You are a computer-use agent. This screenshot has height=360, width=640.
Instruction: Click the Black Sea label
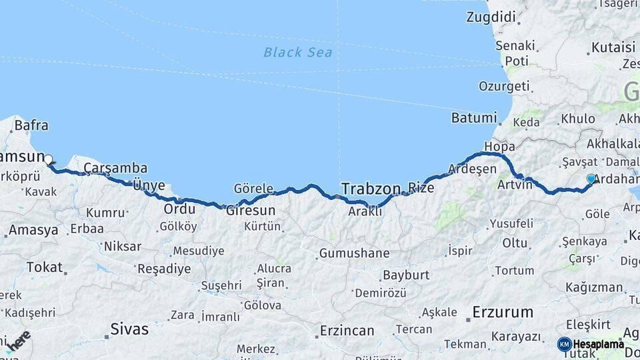pyautogui.click(x=298, y=52)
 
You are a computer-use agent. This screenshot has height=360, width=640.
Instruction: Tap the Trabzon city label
pyautogui.click(x=371, y=188)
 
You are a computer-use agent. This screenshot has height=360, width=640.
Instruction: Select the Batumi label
pyautogui.click(x=474, y=118)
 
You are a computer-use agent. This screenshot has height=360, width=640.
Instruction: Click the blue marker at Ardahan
pyautogui.click(x=591, y=179)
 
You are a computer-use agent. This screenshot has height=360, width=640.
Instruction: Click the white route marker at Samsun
pyautogui.click(x=49, y=159)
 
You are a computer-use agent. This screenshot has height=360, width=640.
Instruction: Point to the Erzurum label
pyautogui.click(x=503, y=311)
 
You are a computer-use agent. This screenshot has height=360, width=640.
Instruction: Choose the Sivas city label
pyautogui.click(x=129, y=329)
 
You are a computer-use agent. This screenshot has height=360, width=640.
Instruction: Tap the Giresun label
pyautogui.click(x=251, y=209)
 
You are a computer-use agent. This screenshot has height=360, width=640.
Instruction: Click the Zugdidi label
pyautogui.click(x=491, y=17)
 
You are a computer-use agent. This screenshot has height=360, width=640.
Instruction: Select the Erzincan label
pyautogui.click(x=347, y=331)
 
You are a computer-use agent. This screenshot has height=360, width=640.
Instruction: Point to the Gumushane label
pyautogui.click(x=354, y=253)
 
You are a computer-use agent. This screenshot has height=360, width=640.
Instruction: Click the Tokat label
pyautogui.click(x=44, y=267)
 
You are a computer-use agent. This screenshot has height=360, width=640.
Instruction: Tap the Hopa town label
pyautogui.click(x=500, y=146)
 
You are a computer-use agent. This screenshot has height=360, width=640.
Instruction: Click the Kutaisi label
pyautogui.click(x=613, y=47)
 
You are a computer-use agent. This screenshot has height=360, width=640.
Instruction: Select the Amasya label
pyautogui.click(x=33, y=230)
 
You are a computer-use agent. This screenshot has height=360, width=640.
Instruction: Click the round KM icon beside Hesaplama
pyautogui.click(x=565, y=344)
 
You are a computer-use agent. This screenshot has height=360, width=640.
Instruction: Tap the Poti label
pyautogui.click(x=517, y=61)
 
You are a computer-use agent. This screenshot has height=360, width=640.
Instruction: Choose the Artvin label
pyautogui.click(x=514, y=185)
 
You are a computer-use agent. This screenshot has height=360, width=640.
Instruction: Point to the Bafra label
pyautogui.click(x=31, y=124)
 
